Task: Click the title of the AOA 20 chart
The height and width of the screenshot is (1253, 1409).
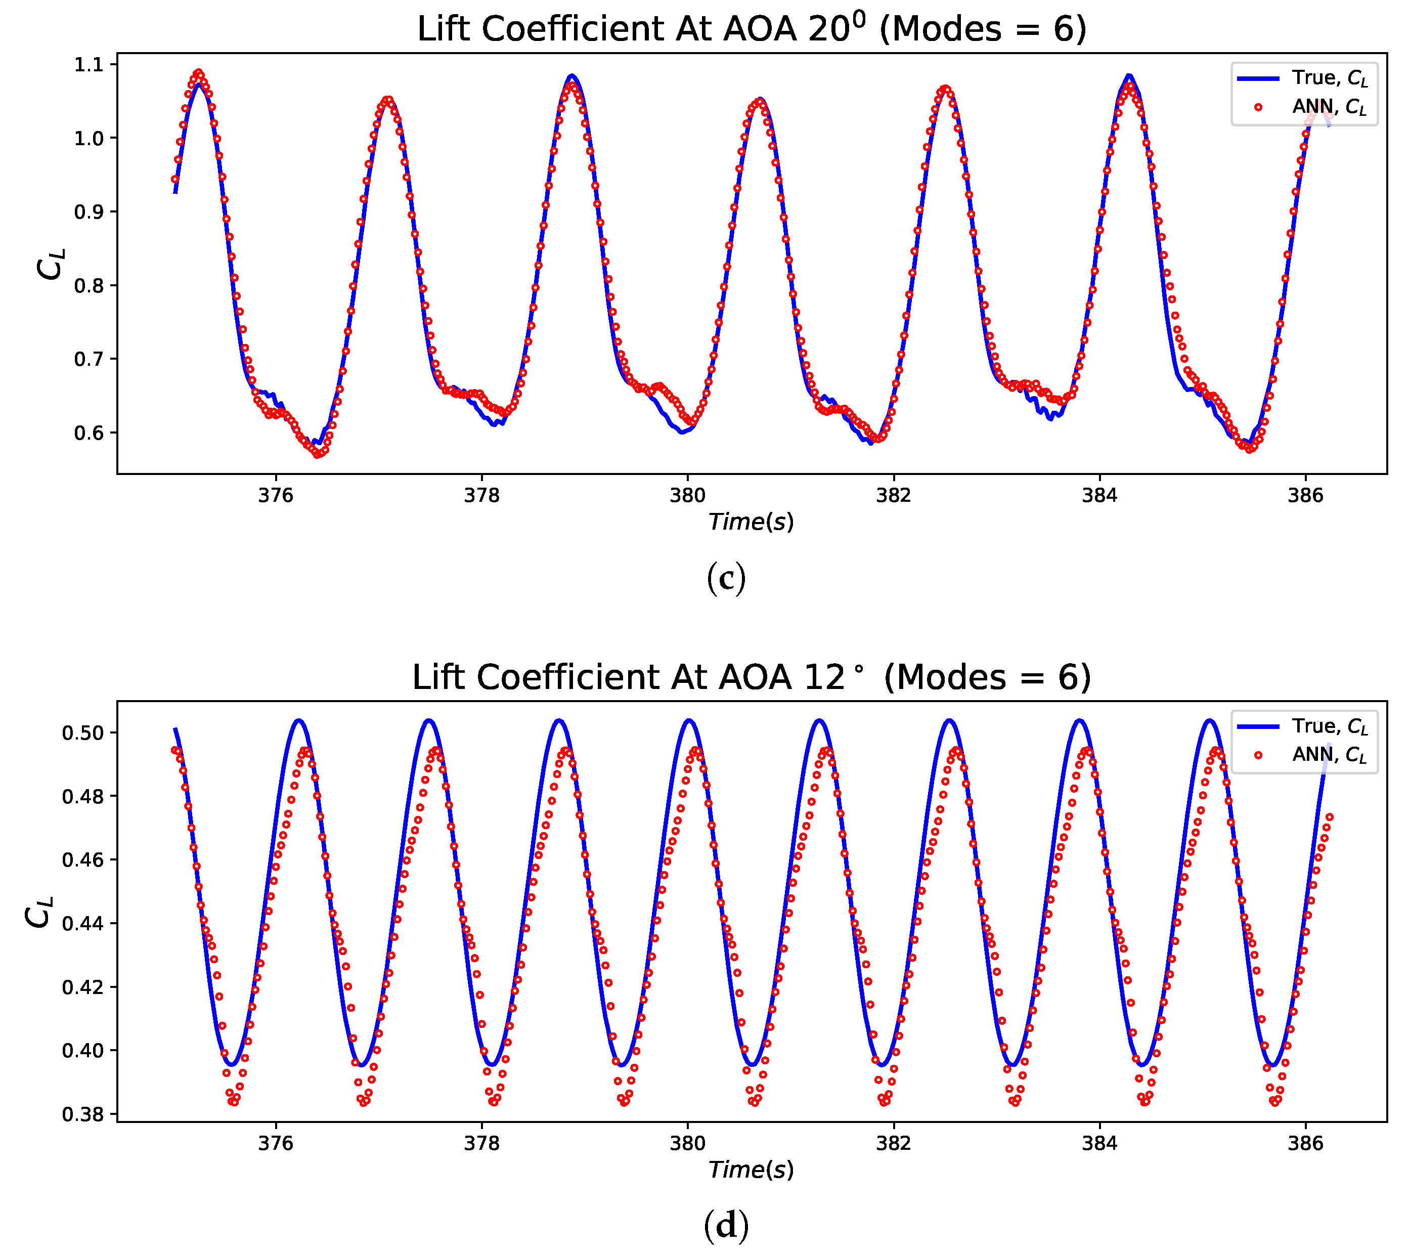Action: (752, 30)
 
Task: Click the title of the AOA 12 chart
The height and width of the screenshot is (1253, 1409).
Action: (752, 678)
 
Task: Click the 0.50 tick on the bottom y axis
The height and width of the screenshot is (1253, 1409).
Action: (83, 733)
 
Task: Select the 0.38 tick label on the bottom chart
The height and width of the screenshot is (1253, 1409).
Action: (83, 1115)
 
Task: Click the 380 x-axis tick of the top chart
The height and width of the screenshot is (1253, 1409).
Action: (687, 496)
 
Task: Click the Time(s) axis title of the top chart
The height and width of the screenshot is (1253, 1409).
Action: (752, 522)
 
